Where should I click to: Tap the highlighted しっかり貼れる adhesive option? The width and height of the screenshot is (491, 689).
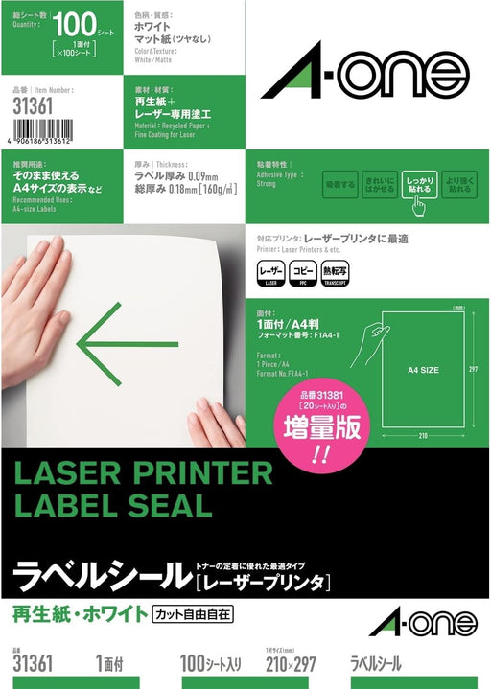(419, 183)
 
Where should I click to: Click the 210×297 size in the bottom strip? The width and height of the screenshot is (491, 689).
(292, 661)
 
